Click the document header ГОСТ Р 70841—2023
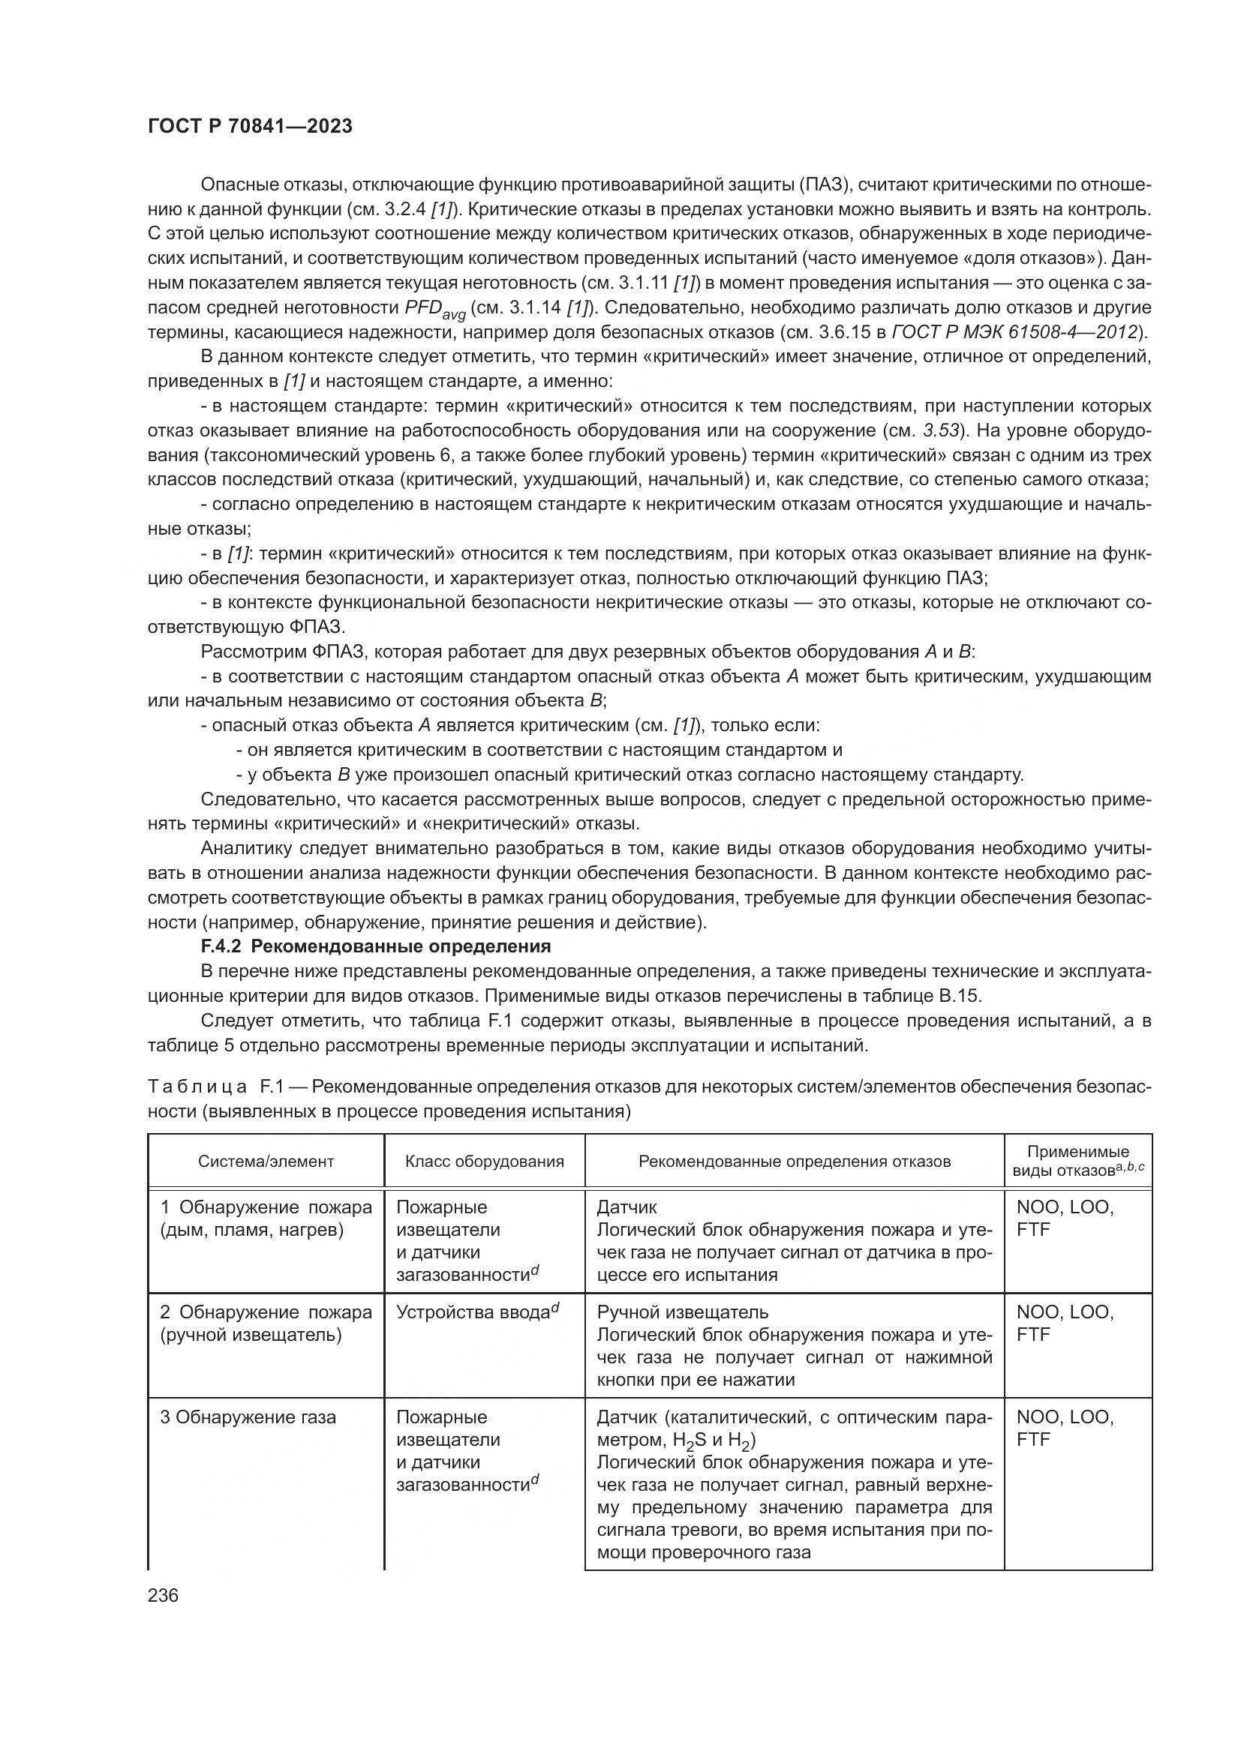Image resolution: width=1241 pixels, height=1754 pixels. tap(250, 127)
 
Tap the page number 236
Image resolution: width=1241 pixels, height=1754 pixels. tap(163, 1595)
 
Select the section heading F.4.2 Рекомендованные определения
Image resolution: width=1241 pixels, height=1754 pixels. tap(375, 946)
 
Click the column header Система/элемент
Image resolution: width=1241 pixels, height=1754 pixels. tap(266, 1161)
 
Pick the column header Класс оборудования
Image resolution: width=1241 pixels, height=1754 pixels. tap(485, 1161)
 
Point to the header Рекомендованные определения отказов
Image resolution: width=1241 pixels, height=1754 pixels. tap(795, 1161)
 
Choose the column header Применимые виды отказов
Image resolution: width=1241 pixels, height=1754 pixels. tap(1078, 1161)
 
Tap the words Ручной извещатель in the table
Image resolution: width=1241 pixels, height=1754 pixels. tap(682, 1312)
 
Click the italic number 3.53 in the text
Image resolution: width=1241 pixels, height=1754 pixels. tap(942, 430)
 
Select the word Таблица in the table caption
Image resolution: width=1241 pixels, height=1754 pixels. tap(197, 1087)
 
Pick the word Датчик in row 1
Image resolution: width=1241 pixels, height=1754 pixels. tap(627, 1207)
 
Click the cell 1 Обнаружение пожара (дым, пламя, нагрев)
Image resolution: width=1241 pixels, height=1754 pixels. tap(266, 1219)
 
